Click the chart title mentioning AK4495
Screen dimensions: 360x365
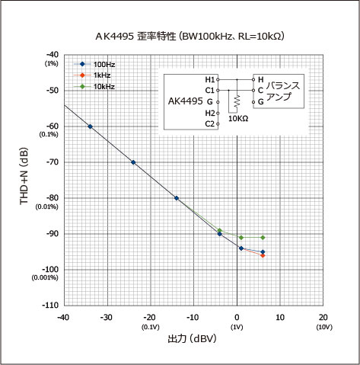click(x=190, y=37)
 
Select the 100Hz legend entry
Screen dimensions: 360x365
click(x=94, y=64)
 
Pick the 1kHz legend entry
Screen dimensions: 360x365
click(x=92, y=75)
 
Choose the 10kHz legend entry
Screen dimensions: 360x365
click(x=94, y=87)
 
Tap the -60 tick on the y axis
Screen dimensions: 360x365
click(x=52, y=126)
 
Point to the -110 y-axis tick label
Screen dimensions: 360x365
click(x=50, y=305)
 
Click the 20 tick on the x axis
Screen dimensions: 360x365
click(x=323, y=317)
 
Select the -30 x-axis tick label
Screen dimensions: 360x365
click(x=106, y=317)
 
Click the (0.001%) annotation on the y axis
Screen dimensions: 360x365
click(x=45, y=277)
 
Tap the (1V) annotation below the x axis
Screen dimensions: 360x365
click(x=237, y=327)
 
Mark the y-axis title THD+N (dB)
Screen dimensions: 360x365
click(x=24, y=176)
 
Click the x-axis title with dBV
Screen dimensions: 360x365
click(x=192, y=338)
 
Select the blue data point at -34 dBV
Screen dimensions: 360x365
click(x=90, y=126)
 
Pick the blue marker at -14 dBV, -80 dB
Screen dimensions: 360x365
click(x=177, y=198)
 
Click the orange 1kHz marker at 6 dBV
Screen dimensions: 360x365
click(x=263, y=255)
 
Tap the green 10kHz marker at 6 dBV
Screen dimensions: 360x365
click(x=263, y=238)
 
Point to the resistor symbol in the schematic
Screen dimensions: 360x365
click(x=237, y=101)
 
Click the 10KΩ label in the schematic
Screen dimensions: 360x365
click(x=238, y=119)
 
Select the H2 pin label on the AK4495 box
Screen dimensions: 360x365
click(x=210, y=113)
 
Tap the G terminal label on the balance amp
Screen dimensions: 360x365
click(x=261, y=102)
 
